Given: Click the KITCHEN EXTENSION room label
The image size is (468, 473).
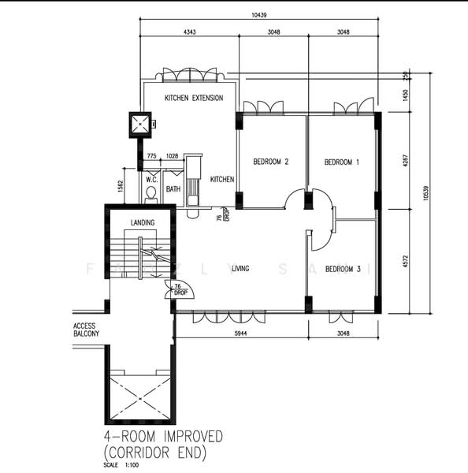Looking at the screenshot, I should click(193, 98).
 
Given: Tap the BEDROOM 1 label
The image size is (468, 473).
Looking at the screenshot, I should click(342, 162).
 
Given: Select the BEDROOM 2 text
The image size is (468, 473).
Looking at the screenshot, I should click(270, 162).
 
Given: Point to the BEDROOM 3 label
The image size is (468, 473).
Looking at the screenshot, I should click(343, 269).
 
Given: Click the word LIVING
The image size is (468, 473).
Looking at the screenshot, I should click(240, 269).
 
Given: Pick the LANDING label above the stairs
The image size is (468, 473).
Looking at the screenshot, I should click(143, 223).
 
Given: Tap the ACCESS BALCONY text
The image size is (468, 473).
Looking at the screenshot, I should click(86, 330).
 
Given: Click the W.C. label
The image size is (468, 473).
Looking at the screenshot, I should click(152, 179).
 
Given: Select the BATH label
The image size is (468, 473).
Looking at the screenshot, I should click(173, 189).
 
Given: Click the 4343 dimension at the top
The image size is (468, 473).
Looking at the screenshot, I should click(189, 33).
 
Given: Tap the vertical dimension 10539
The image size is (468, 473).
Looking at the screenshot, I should click(426, 193).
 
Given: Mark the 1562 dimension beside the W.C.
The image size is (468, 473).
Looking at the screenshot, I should click(120, 186).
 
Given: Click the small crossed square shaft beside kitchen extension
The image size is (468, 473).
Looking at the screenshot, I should click(139, 124).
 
